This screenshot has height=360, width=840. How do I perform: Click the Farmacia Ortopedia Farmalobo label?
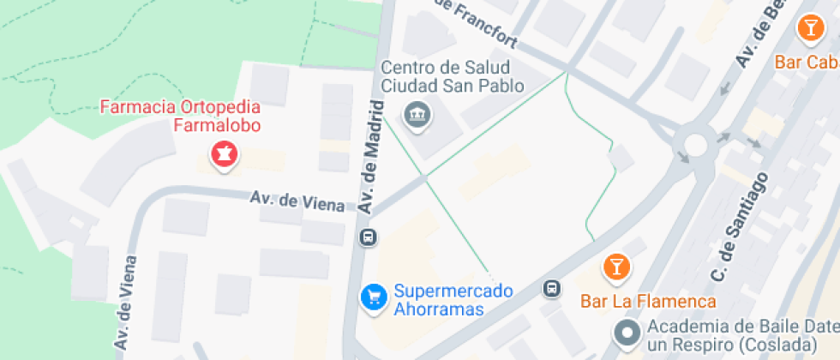(180, 117)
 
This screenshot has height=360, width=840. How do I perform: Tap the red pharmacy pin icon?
(225, 154)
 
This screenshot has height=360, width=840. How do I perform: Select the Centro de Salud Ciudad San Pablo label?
(445, 76)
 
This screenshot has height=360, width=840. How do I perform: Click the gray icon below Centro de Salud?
(417, 113)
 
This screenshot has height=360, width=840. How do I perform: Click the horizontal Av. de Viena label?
(297, 201)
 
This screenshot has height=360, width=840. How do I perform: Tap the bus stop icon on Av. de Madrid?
(367, 237)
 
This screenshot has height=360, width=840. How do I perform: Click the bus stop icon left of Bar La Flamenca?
(553, 290)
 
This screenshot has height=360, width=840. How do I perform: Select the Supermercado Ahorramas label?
(453, 300)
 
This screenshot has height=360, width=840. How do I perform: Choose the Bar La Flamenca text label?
(648, 302)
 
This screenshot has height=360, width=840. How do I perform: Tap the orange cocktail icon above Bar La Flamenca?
(615, 267)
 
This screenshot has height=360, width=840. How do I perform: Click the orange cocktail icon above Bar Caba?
(808, 27)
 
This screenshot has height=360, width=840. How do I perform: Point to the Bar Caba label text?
(807, 63)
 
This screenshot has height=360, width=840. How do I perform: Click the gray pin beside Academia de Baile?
(627, 333)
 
